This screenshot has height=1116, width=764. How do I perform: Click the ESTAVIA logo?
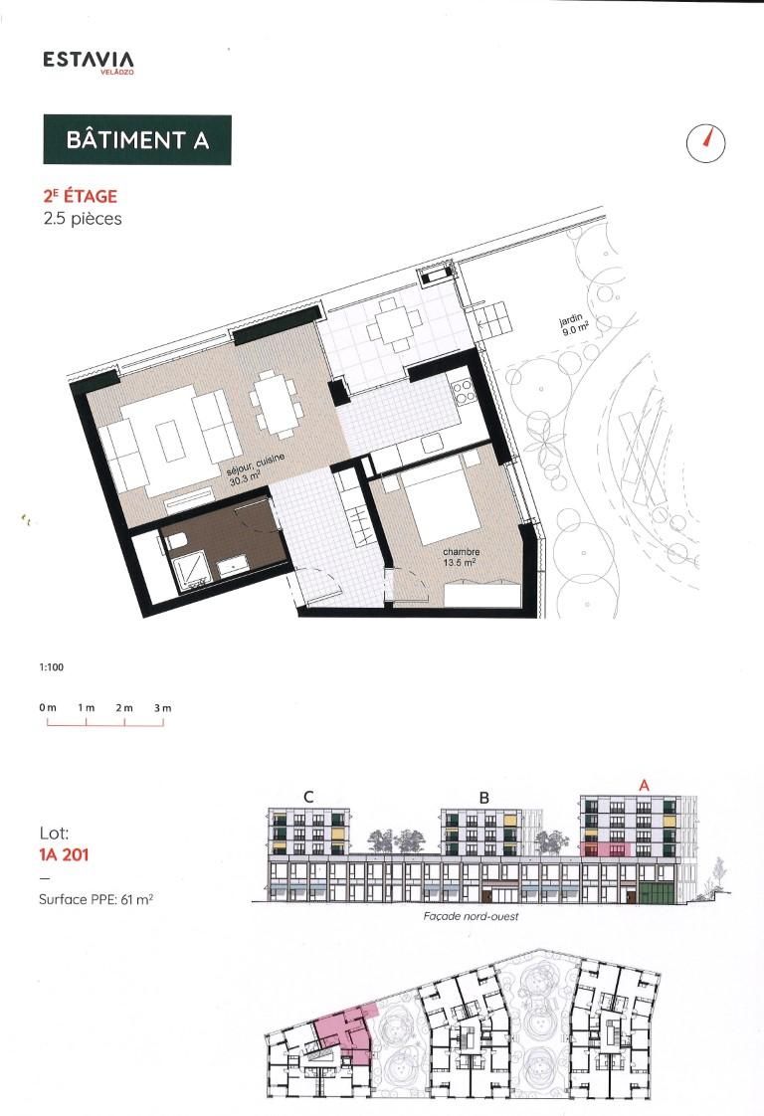[89, 62]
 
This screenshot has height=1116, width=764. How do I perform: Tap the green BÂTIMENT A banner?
[137, 139]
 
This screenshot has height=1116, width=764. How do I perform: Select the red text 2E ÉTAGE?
[81, 196]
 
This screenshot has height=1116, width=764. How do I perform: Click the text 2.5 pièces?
[83, 219]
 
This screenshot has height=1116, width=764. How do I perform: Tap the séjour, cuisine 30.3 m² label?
[257, 469]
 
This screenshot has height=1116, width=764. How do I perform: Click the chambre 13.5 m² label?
[461, 557]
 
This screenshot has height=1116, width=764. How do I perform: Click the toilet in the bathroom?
[176, 542]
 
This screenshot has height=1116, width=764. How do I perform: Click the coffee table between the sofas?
[169, 442]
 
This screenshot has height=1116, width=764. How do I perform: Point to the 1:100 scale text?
[52, 667]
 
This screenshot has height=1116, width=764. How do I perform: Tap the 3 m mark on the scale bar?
[163, 708]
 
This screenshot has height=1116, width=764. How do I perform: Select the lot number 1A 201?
[64, 854]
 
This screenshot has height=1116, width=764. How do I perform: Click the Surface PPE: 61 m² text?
[95, 899]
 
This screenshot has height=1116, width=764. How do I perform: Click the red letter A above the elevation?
[644, 786]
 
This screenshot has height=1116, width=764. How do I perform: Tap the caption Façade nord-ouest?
[471, 916]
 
